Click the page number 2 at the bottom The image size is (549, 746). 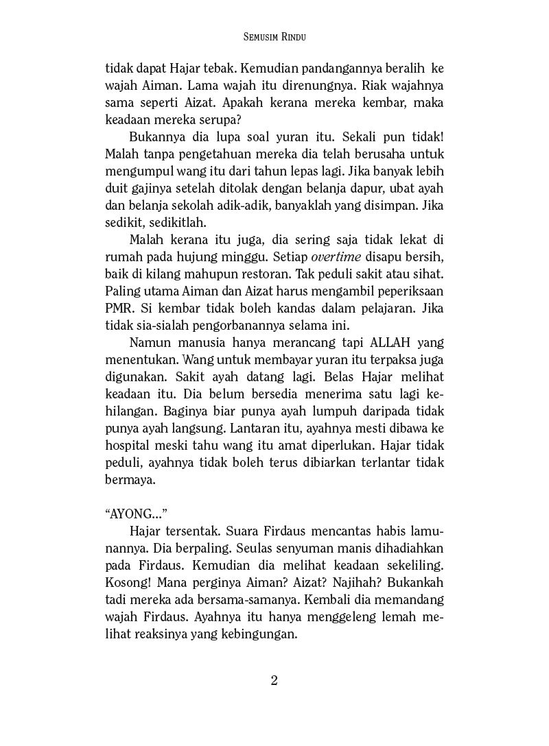coord(274,680)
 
